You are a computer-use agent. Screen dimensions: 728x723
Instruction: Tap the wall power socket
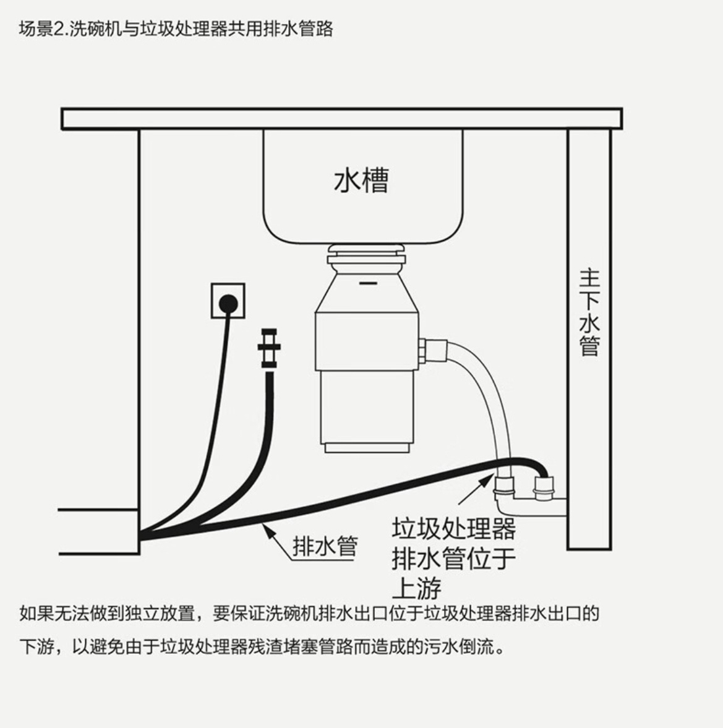(x=228, y=301)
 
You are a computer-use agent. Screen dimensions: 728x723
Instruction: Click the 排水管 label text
(x=325, y=546)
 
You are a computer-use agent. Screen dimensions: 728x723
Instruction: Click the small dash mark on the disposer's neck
(x=367, y=284)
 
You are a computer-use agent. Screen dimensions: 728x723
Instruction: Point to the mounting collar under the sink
(x=366, y=252)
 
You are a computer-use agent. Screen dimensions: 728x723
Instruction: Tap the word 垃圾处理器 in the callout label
(x=453, y=529)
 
